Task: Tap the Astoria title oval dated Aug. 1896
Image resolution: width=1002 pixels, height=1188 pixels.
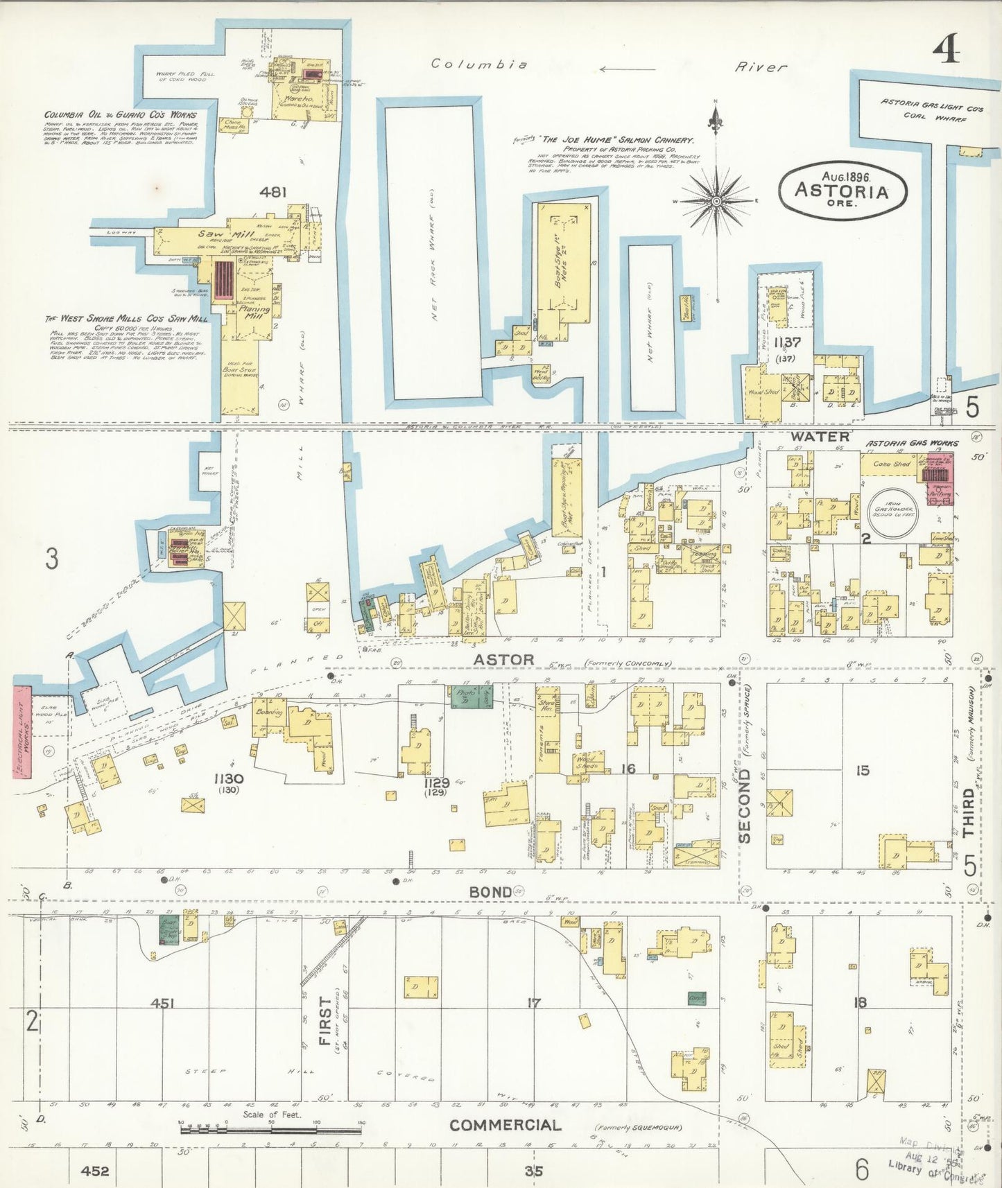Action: [842, 189]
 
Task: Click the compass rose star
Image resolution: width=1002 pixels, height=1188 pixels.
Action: [716, 201]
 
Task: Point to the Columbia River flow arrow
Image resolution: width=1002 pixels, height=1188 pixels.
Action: [627, 69]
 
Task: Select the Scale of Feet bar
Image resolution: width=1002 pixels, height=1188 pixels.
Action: [270, 1130]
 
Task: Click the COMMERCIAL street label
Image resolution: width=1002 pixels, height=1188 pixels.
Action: [505, 1125]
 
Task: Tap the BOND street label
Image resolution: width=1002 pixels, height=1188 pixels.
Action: [491, 892]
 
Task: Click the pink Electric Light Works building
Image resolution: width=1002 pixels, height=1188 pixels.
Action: [22, 732]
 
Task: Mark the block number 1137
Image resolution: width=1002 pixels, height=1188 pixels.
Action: [787, 342]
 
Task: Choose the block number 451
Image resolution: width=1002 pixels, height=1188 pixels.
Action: [162, 1003]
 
